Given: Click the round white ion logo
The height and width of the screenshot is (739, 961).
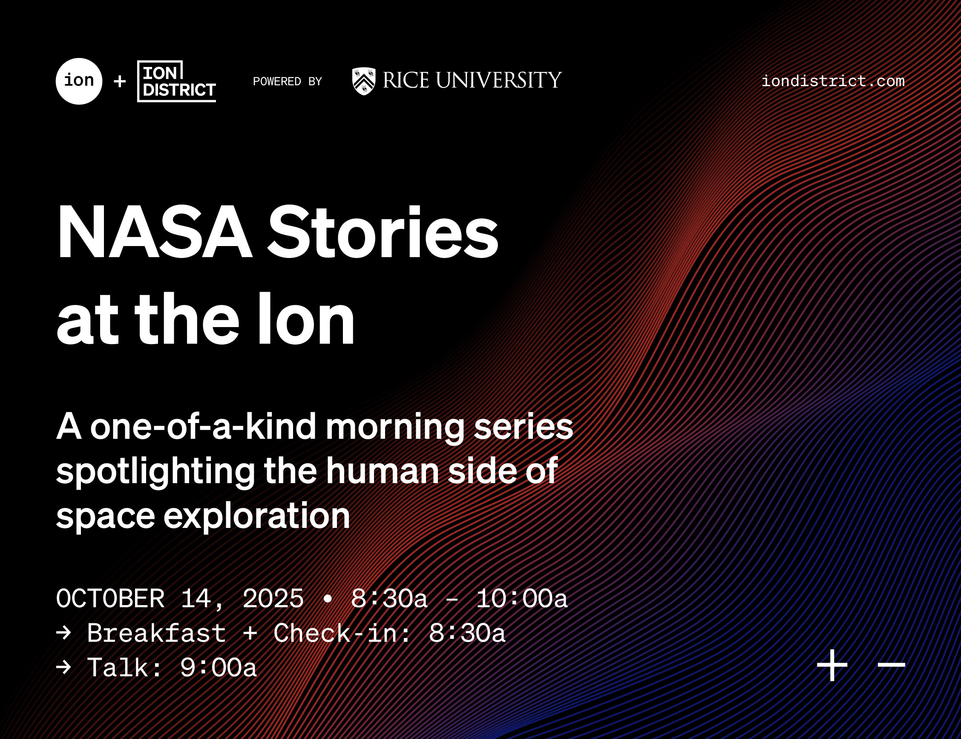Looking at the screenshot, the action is click(x=79, y=81).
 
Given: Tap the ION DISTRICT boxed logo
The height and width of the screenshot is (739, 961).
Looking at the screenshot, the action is click(x=177, y=81).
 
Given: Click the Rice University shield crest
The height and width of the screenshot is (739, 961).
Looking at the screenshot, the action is click(x=364, y=81).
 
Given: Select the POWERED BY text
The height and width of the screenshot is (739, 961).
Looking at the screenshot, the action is click(x=288, y=82).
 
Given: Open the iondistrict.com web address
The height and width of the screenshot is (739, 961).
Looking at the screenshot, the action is click(x=833, y=81).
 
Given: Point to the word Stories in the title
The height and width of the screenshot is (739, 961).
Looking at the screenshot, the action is click(x=383, y=232).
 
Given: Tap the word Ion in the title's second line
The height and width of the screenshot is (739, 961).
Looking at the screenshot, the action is click(x=306, y=319).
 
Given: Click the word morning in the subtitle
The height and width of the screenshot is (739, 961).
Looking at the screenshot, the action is click(x=394, y=429).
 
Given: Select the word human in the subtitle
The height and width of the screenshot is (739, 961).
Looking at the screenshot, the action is click(x=382, y=471).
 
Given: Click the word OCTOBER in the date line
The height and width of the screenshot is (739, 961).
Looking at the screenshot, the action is click(x=110, y=599).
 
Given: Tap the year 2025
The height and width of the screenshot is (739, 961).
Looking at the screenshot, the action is click(x=273, y=599).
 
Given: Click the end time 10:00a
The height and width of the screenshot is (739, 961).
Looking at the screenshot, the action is click(x=521, y=599).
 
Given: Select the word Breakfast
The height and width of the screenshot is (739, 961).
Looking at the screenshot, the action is click(x=156, y=633).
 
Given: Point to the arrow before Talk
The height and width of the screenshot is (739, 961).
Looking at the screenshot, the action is click(x=64, y=667).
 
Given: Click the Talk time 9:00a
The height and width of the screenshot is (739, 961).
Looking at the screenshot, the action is click(x=219, y=668).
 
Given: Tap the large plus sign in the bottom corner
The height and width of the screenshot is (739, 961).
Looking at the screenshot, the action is click(x=832, y=665).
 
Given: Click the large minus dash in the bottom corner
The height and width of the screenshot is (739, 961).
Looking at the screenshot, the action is click(x=892, y=665).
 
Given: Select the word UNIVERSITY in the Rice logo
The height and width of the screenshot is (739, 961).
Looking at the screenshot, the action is click(x=499, y=81).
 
